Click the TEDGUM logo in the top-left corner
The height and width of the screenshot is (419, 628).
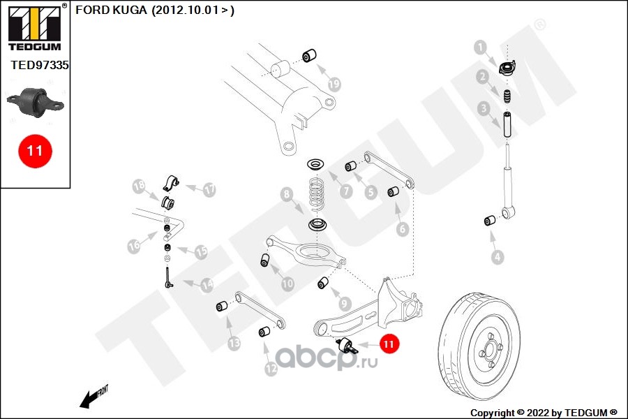[x=35, y=27]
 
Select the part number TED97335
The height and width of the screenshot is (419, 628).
[x=40, y=65]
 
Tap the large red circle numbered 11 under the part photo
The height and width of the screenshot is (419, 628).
[x=36, y=151]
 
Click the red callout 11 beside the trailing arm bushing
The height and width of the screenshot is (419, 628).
[x=389, y=344]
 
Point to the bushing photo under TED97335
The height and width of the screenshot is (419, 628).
[x=36, y=102]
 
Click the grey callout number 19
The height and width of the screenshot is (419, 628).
[x=334, y=84]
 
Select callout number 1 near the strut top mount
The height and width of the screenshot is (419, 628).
[x=480, y=47]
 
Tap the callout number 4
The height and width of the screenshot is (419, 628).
[x=498, y=256]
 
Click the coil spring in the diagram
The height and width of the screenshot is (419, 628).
[x=317, y=194]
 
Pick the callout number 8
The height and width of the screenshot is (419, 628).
[x=287, y=195]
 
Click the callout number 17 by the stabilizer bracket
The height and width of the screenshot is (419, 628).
[x=209, y=190]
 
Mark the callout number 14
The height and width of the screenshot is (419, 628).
[x=207, y=286]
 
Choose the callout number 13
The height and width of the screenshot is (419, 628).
[x=234, y=343]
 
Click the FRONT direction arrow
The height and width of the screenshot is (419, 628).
[x=94, y=397]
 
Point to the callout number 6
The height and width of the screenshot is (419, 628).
[x=403, y=229]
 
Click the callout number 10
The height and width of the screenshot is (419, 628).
[x=287, y=284]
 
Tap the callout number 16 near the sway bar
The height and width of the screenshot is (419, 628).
[x=134, y=245]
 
